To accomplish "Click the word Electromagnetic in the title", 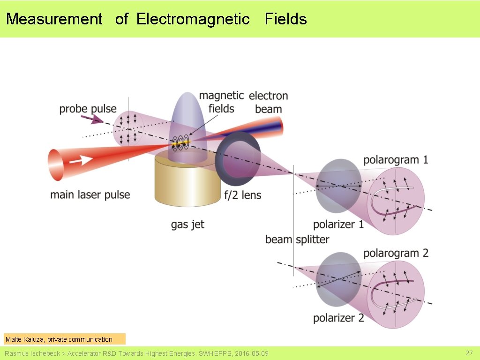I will [x=193, y=19].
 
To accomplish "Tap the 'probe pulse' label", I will [x=88, y=109].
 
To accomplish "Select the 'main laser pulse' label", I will [x=90, y=195].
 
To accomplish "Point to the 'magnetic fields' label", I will [x=221, y=102].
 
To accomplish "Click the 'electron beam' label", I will [x=268, y=102].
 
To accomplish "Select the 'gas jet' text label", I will [x=187, y=225].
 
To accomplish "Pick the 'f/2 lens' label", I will [x=242, y=195].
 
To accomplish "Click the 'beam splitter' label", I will [x=297, y=240].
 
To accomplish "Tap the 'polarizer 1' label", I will [x=338, y=225].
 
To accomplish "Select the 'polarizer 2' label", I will [x=338, y=318].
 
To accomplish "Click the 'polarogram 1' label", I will [x=396, y=160].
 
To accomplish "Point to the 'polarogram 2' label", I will [x=396, y=253].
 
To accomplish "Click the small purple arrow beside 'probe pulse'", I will [x=97, y=120].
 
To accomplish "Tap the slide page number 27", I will [x=469, y=352].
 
